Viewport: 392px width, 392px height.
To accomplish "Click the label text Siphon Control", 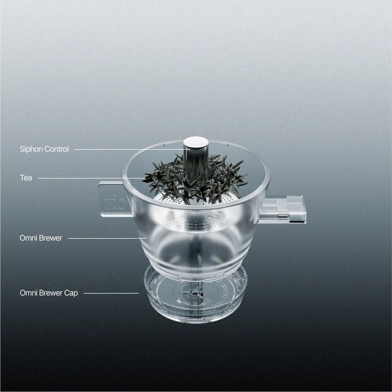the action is [44, 149].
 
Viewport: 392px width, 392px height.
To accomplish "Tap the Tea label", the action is [26, 178].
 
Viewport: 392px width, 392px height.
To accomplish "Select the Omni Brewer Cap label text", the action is [49, 293].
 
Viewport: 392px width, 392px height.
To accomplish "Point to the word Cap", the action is [71, 293].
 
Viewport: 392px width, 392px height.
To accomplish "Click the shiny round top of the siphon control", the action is [196, 142].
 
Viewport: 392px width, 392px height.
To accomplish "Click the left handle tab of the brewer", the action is [115, 199].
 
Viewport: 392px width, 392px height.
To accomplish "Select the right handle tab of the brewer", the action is [283, 210].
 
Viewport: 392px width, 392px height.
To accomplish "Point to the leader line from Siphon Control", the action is [129, 150].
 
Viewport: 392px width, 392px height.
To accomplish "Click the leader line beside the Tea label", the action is [90, 178].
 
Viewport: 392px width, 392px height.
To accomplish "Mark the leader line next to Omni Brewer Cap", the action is [111, 293].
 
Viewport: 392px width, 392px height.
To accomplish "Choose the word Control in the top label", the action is [57, 149].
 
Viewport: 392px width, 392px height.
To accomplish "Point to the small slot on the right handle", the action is [283, 215].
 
